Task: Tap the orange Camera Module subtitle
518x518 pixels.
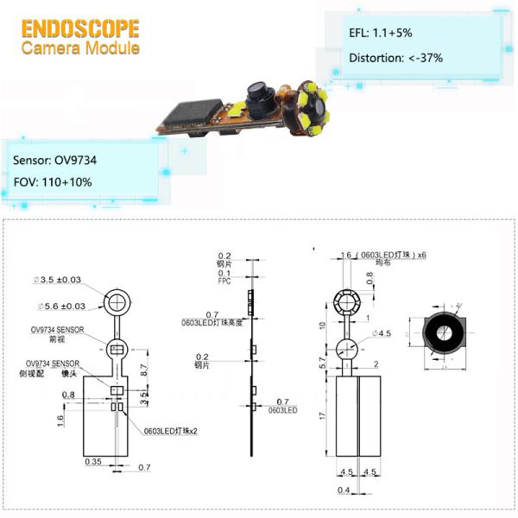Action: point(79,47)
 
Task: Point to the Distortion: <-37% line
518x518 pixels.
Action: point(395,59)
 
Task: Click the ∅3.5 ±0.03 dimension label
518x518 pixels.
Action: point(59,281)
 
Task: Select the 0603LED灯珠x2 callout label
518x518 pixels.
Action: point(170,429)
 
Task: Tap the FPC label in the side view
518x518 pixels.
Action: point(224,282)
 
